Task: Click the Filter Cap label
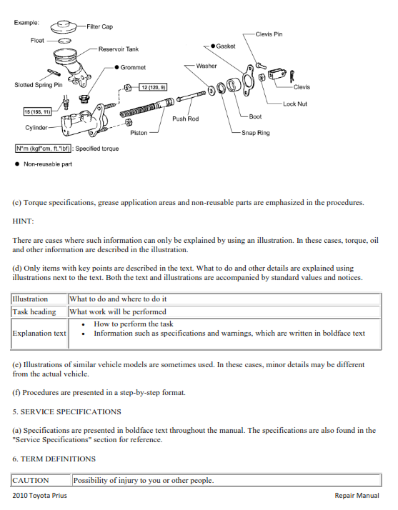[x=99, y=26]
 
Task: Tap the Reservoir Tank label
[x=119, y=49]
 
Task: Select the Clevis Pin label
[x=268, y=34]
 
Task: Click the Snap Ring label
[x=255, y=133]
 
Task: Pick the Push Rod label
[x=185, y=119]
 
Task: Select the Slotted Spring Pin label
[x=39, y=85]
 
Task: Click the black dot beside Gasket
[x=214, y=46]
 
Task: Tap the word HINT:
[x=24, y=221]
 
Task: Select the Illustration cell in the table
[x=30, y=299]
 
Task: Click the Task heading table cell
[x=34, y=311]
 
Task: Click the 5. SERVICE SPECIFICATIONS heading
[x=66, y=411]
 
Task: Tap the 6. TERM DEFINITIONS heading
[x=54, y=459]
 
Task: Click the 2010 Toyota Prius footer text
[x=40, y=496]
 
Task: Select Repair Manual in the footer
[x=357, y=496]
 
